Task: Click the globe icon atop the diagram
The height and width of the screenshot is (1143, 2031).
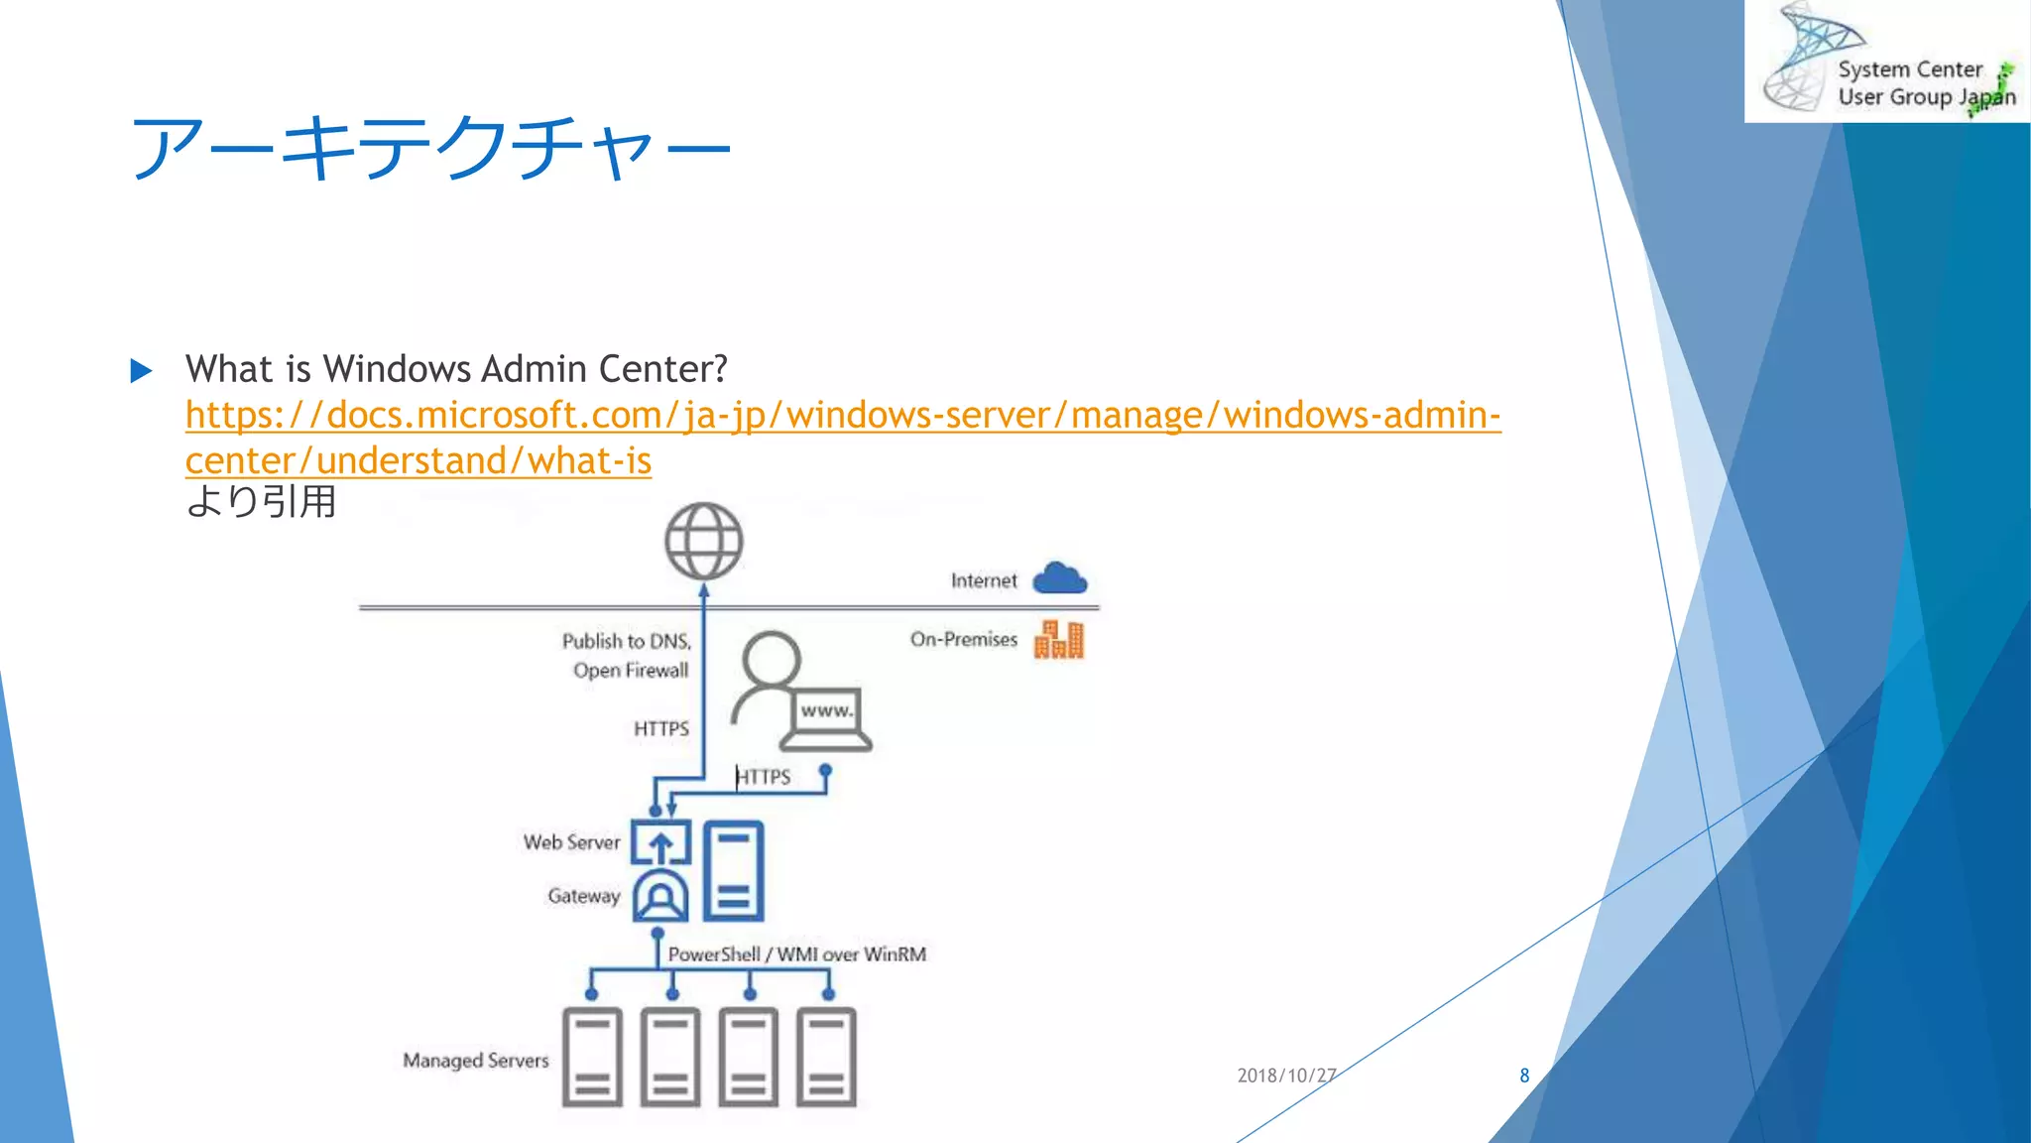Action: tap(703, 541)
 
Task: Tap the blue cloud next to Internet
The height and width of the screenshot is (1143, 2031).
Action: tap(1059, 578)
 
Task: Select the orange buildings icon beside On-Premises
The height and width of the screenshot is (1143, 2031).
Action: tap(1058, 640)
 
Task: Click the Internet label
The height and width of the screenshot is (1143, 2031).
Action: tap(983, 580)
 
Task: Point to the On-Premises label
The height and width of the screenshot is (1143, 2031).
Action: tap(963, 640)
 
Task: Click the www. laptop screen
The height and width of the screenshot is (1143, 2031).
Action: tap(826, 710)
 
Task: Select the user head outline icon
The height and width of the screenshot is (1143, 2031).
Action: tap(770, 661)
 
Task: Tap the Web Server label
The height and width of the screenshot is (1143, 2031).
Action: tap(571, 842)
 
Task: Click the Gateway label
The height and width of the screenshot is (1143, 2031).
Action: tap(583, 896)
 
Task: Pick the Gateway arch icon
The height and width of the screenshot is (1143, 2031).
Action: tap(660, 897)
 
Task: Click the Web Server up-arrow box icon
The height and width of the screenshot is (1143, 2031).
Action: tap(660, 843)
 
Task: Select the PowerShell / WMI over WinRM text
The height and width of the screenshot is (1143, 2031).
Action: tap(796, 954)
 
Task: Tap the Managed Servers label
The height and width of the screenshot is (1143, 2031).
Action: tap(475, 1061)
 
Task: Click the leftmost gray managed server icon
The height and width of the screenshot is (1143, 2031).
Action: tap(592, 1057)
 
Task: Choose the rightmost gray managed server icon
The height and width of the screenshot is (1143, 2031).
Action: tap(826, 1057)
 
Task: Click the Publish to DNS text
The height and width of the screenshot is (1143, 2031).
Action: tap(626, 641)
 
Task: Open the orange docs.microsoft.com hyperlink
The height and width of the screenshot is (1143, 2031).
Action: tap(842, 416)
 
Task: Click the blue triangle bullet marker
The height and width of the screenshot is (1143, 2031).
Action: tap(142, 371)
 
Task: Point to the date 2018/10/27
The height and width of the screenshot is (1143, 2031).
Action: tap(1286, 1076)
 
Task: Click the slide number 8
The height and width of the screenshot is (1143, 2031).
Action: tap(1524, 1076)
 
